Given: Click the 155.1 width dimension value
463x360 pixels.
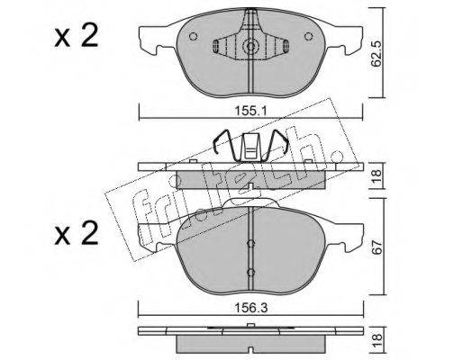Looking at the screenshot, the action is (x=250, y=111).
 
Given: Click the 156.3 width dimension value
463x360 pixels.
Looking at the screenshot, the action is (x=250, y=308).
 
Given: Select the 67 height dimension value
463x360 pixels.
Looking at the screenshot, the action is (x=377, y=247).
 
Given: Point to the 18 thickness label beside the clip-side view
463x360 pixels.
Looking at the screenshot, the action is (x=377, y=175).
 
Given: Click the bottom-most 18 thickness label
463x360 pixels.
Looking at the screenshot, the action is (x=377, y=340).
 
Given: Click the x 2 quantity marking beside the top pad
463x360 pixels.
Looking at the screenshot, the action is (x=77, y=36).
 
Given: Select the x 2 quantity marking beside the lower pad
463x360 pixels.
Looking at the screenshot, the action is (x=77, y=233).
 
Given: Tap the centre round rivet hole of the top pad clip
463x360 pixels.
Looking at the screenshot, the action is (x=250, y=46).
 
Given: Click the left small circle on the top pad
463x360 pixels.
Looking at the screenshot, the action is (x=194, y=36).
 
